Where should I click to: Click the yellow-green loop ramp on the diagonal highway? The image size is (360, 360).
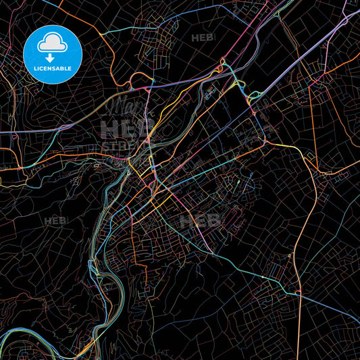tap(238, 86)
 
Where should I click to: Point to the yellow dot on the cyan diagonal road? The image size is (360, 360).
tap(263, 277)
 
